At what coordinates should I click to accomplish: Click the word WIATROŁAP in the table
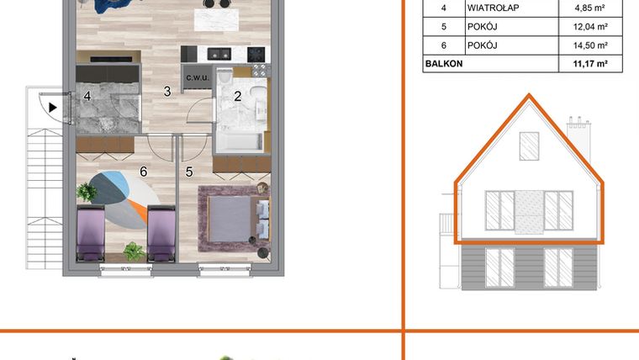492,9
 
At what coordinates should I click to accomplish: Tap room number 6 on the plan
144,172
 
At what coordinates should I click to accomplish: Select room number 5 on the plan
189,172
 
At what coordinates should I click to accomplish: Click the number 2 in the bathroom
237,96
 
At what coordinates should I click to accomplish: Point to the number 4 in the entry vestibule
87,96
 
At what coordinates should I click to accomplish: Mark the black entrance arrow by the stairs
53,107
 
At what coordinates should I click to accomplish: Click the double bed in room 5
234,219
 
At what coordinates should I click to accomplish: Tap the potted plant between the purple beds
132,250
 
